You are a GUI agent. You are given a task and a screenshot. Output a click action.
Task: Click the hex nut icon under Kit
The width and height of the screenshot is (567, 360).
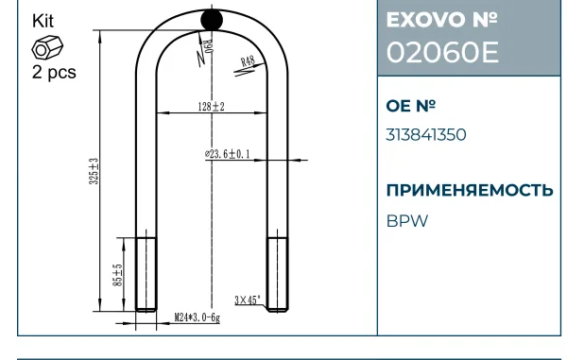click(47, 47)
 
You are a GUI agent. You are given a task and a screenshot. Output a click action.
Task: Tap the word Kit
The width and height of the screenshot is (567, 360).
click(43, 21)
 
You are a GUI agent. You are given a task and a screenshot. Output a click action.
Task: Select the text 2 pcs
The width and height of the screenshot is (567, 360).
click(54, 72)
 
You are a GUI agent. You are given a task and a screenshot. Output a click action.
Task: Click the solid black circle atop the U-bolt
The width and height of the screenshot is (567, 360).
click(212, 20)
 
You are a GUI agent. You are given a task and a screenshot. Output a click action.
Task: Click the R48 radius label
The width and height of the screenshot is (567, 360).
click(248, 61)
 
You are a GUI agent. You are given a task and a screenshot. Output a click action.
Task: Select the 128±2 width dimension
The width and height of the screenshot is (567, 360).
click(211, 107)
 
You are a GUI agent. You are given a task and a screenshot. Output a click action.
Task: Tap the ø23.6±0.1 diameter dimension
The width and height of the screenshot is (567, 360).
click(228, 154)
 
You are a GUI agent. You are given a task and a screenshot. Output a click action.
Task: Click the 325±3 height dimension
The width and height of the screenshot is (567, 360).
click(94, 171)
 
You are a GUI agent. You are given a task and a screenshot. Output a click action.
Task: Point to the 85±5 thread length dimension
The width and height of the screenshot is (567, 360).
click(118, 275)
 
